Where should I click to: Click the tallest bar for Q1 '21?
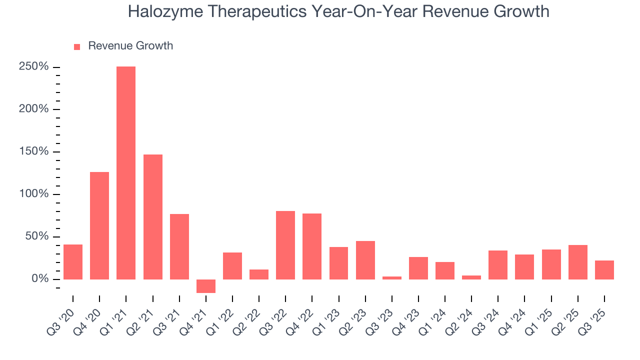click(126, 172)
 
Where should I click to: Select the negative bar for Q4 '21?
click(205, 286)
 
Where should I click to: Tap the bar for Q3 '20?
click(73, 261)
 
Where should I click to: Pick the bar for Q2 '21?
click(152, 216)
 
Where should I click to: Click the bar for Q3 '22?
click(285, 245)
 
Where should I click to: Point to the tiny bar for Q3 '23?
click(391, 277)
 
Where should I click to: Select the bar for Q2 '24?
click(471, 277)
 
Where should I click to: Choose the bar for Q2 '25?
click(577, 262)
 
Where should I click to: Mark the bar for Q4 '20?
click(99, 225)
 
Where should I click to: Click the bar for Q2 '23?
click(365, 260)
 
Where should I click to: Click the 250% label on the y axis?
click(34, 67)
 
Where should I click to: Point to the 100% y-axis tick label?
click(34, 194)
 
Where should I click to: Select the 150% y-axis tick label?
click(34, 151)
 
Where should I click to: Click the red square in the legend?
click(77, 46)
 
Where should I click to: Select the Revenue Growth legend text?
click(130, 46)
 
